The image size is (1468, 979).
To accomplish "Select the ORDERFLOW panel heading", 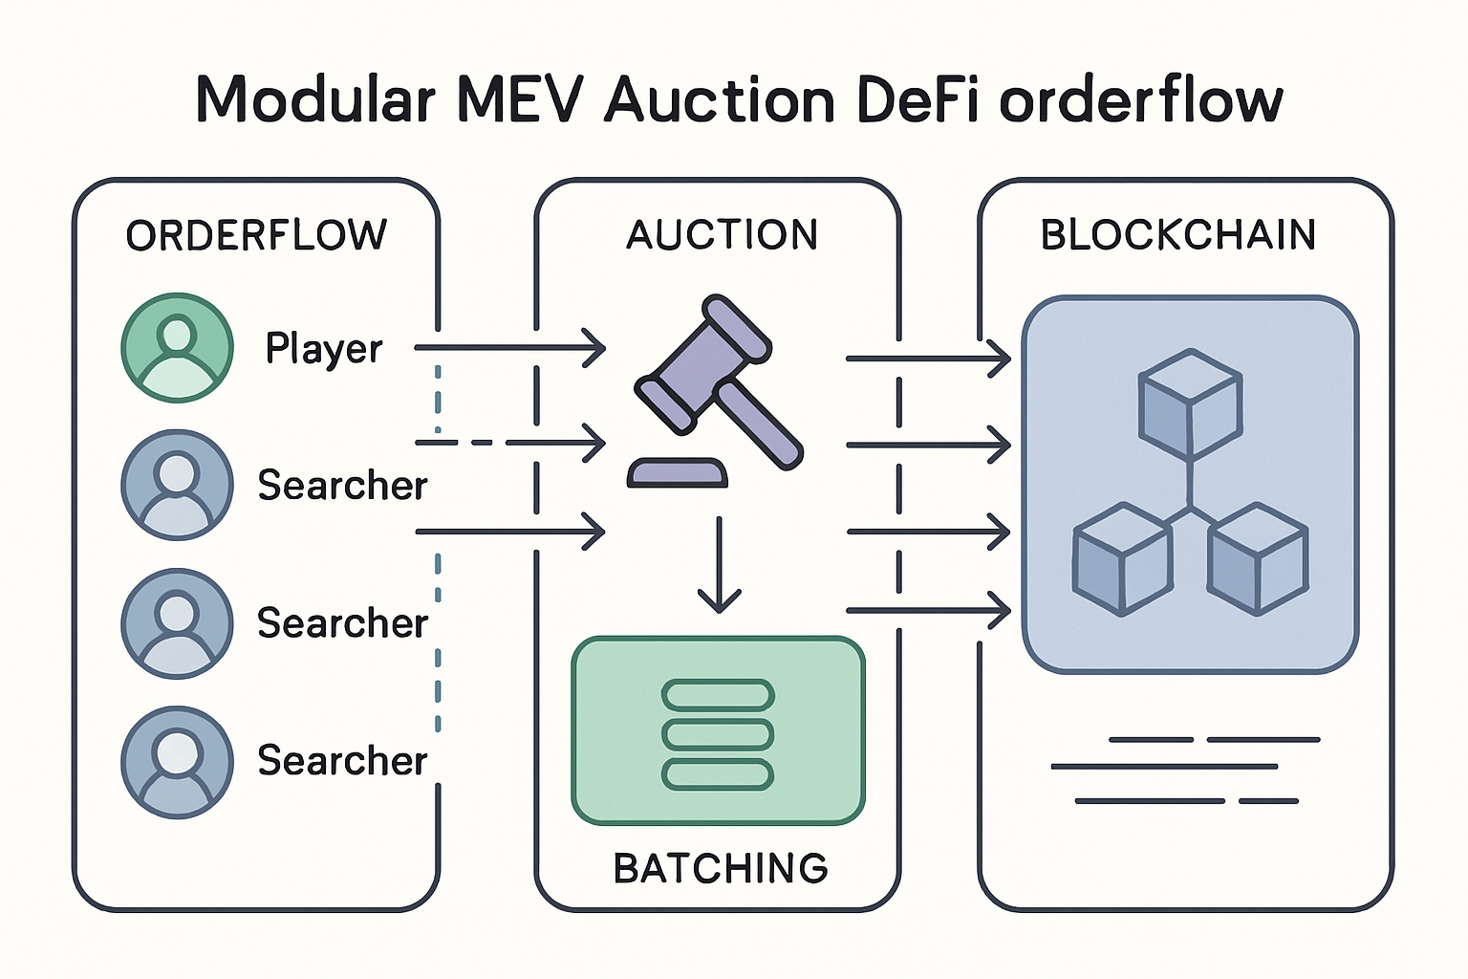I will (256, 235).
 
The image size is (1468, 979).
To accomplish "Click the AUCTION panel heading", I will (722, 235).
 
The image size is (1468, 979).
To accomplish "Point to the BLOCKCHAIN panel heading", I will (1177, 235).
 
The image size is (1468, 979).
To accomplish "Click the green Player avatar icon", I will (178, 348).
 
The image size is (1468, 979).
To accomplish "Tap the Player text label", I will (323, 349).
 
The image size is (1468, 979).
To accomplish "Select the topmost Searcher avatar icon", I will (178, 485).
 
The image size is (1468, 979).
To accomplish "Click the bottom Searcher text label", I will (342, 761).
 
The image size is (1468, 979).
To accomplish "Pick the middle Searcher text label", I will (342, 623).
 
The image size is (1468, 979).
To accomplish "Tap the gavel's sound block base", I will (677, 473).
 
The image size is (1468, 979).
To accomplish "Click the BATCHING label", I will (720, 868).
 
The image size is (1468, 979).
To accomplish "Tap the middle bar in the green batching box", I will (718, 734).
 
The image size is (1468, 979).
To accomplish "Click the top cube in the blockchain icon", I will (1190, 402).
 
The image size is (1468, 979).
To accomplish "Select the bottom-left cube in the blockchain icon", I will (1122, 560).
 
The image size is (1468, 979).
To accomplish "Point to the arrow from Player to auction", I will (510, 348).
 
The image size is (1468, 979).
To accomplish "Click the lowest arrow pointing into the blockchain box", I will (928, 610).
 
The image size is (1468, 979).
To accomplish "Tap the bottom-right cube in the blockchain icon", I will (1257, 558).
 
